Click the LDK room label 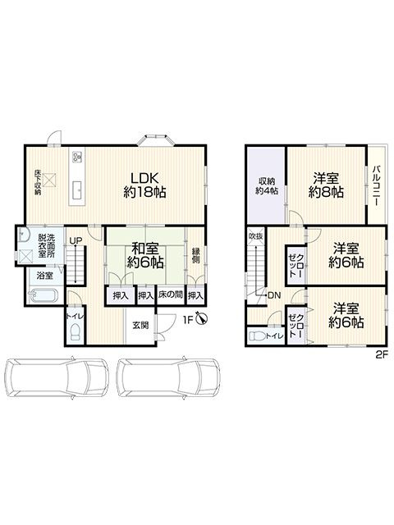pos(144,185)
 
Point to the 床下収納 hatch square pos(49,180)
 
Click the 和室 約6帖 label pos(145,256)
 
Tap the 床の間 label pos(171,295)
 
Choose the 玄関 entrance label pos(140,325)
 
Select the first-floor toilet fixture pos(76,332)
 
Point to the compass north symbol pos(203,320)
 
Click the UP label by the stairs pos(76,240)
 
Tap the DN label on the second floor pos(274,295)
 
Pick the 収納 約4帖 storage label pos(267,186)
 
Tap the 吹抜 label pos(256,236)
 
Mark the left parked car pos(57,377)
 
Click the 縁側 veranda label pos(195,255)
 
